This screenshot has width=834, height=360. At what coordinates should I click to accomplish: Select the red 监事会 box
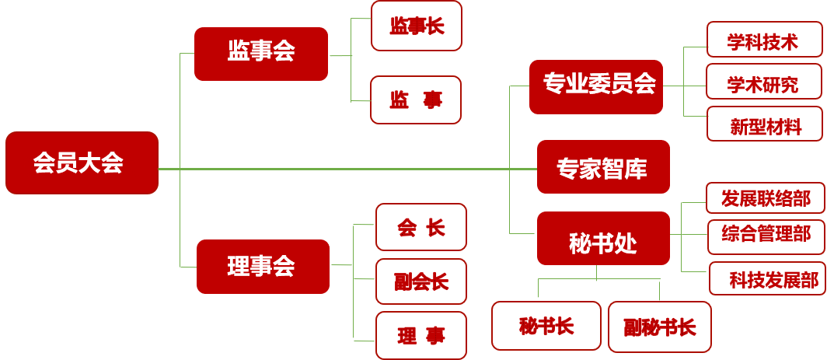tap(261, 54)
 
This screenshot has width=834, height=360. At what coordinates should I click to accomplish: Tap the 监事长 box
tap(417, 26)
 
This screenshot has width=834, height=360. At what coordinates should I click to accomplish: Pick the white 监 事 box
tap(416, 100)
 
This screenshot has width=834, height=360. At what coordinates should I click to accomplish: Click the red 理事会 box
tap(263, 267)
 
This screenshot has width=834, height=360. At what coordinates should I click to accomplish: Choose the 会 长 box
tap(421, 227)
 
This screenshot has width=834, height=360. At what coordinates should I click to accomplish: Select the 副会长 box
tap(421, 281)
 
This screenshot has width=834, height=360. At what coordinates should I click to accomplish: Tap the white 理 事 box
tap(421, 335)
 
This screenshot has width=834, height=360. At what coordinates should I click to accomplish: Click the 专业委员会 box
tap(596, 86)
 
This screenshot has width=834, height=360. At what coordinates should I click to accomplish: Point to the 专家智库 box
tap(603, 167)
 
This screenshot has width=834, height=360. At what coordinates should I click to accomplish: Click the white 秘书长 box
tap(546, 326)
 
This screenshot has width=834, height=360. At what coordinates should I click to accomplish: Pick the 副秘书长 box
tap(660, 326)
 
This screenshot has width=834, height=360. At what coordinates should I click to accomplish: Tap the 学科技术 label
tap(764, 40)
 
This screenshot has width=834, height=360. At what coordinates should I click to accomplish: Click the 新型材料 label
tap(765, 124)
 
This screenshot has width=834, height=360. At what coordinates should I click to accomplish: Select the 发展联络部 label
tap(766, 197)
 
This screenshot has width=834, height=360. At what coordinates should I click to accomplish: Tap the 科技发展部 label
tap(767, 278)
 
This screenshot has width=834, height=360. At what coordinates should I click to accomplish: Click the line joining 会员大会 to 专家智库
tap(350, 169)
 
